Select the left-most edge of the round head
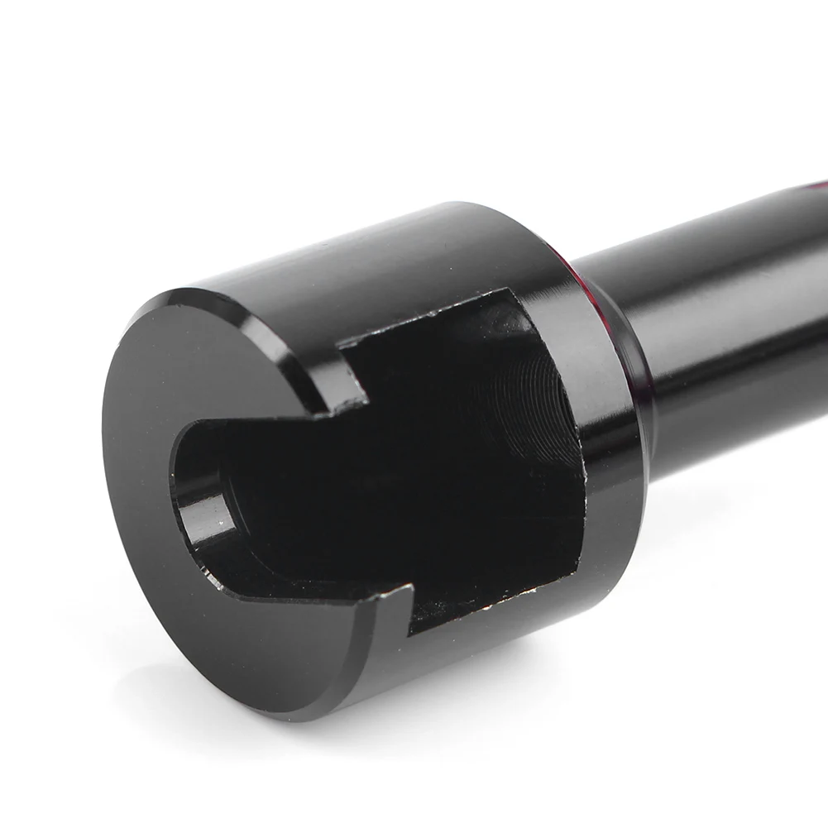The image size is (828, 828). pyautogui.click(x=105, y=463)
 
